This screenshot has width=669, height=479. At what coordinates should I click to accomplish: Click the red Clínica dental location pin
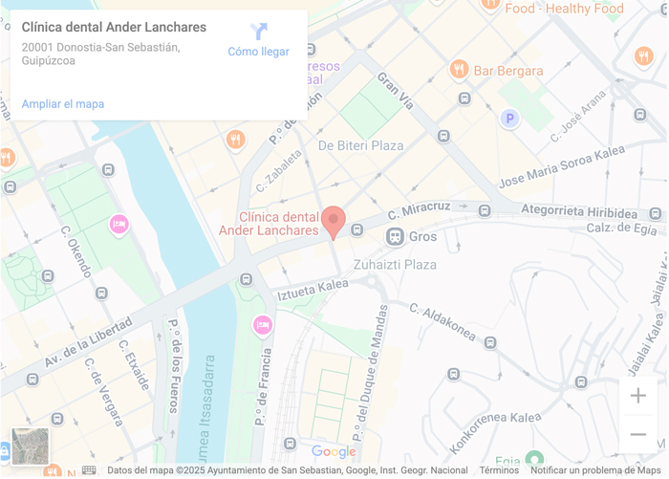point(333,220)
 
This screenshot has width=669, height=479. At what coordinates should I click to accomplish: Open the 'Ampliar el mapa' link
point(63,104)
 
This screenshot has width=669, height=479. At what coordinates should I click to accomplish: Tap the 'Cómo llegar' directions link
point(258,41)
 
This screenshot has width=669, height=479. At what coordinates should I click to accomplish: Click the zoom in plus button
point(637,396)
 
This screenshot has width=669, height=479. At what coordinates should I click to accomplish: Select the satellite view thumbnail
point(30,446)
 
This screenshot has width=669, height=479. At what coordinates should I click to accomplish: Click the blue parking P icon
point(510,119)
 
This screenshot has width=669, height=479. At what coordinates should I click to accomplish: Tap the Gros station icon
point(394,236)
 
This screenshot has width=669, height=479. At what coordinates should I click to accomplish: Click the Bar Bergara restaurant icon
point(459,70)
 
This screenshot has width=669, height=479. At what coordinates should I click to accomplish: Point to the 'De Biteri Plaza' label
point(360,145)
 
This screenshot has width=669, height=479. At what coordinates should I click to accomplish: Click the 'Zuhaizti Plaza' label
point(395,265)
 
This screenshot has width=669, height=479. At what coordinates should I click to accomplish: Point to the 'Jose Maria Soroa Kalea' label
point(562,167)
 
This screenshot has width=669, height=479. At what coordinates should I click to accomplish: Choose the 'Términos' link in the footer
point(499,470)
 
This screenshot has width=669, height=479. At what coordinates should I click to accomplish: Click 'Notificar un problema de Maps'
point(595,470)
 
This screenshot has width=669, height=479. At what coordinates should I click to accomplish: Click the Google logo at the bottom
point(334,452)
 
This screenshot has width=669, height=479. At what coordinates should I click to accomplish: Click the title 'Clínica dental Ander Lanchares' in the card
point(114,28)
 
